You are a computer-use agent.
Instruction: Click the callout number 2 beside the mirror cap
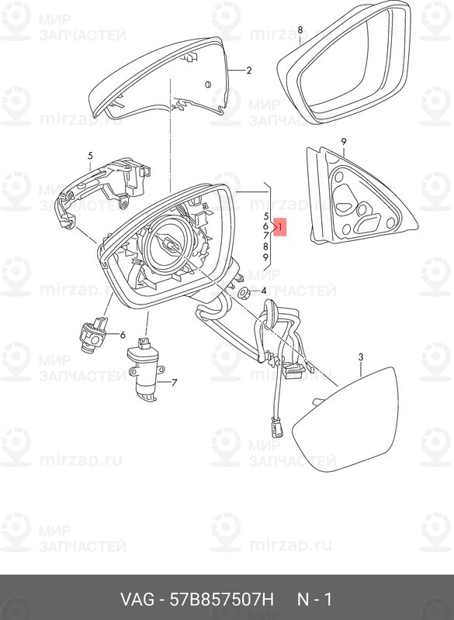pyautogui.click(x=248, y=71)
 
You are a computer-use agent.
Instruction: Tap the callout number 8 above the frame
pyautogui.click(x=300, y=29)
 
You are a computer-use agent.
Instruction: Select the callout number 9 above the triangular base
pyautogui.click(x=344, y=141)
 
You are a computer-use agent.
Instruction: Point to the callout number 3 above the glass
pyautogui.click(x=361, y=357)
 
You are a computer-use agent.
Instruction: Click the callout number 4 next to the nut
pyautogui.click(x=263, y=291)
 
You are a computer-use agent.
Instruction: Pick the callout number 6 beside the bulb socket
pyautogui.click(x=123, y=335)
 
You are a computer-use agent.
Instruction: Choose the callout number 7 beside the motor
pyautogui.click(x=174, y=382)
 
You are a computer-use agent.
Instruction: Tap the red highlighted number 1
pyautogui.click(x=280, y=227)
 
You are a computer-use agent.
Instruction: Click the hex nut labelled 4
pyautogui.click(x=244, y=294)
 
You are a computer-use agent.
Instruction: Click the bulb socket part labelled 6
pyautogui.click(x=93, y=334)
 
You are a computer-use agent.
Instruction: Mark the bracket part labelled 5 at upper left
pyautogui.click(x=104, y=190)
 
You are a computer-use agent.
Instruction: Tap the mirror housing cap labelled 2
pyautogui.click(x=158, y=77)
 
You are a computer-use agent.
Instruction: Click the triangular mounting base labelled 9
pyautogui.click(x=361, y=198)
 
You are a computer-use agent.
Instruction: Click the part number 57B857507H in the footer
pyautogui.click(x=222, y=599)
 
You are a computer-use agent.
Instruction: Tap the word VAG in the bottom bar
pyautogui.click(x=137, y=599)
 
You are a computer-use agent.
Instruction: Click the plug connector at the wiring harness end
pyautogui.click(x=276, y=428)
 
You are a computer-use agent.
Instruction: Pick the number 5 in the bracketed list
pyautogui.click(x=266, y=216)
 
